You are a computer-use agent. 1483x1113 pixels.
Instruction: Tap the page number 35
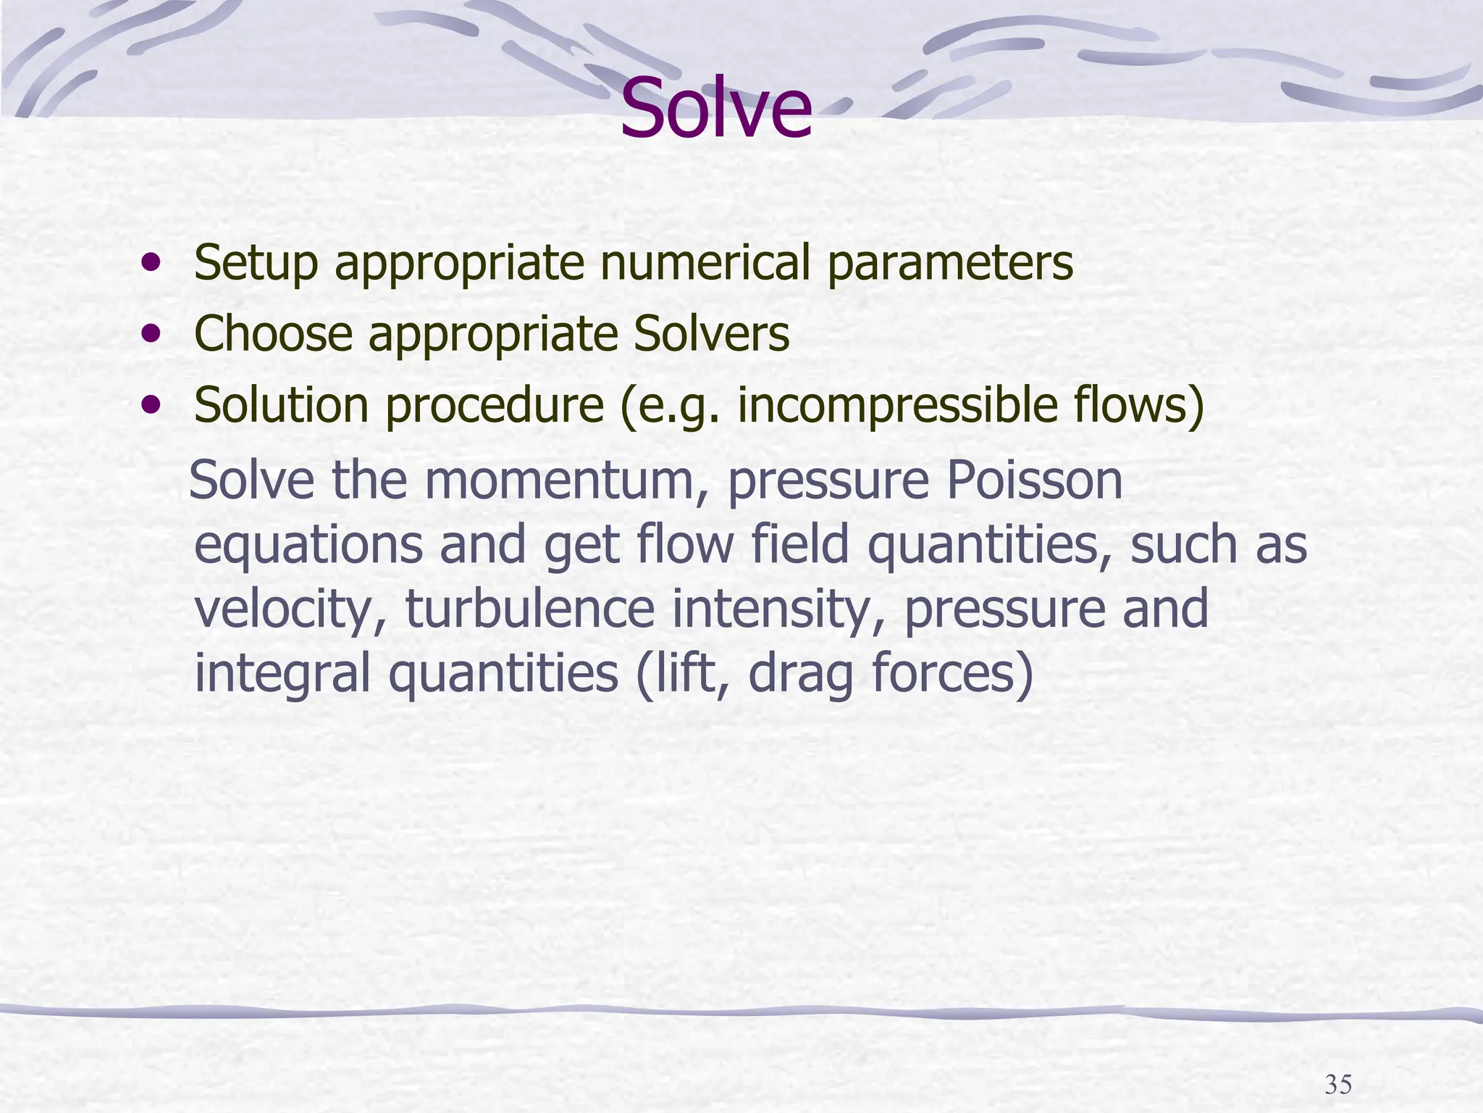(1338, 1085)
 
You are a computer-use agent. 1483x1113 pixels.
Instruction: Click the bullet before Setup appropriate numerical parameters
(151, 262)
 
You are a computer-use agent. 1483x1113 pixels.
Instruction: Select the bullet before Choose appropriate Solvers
(151, 333)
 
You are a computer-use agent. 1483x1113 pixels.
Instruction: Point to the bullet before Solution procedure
(151, 404)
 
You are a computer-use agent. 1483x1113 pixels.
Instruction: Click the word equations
(309, 546)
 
